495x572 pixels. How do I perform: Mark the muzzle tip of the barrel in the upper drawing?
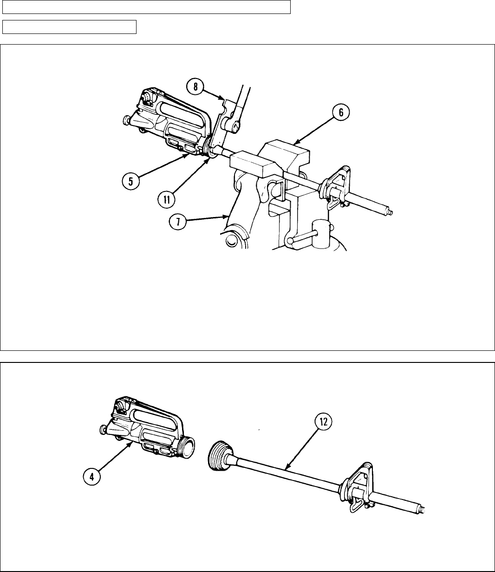391,213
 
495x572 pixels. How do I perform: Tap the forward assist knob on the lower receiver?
104,430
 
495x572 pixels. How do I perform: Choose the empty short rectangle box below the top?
69,27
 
